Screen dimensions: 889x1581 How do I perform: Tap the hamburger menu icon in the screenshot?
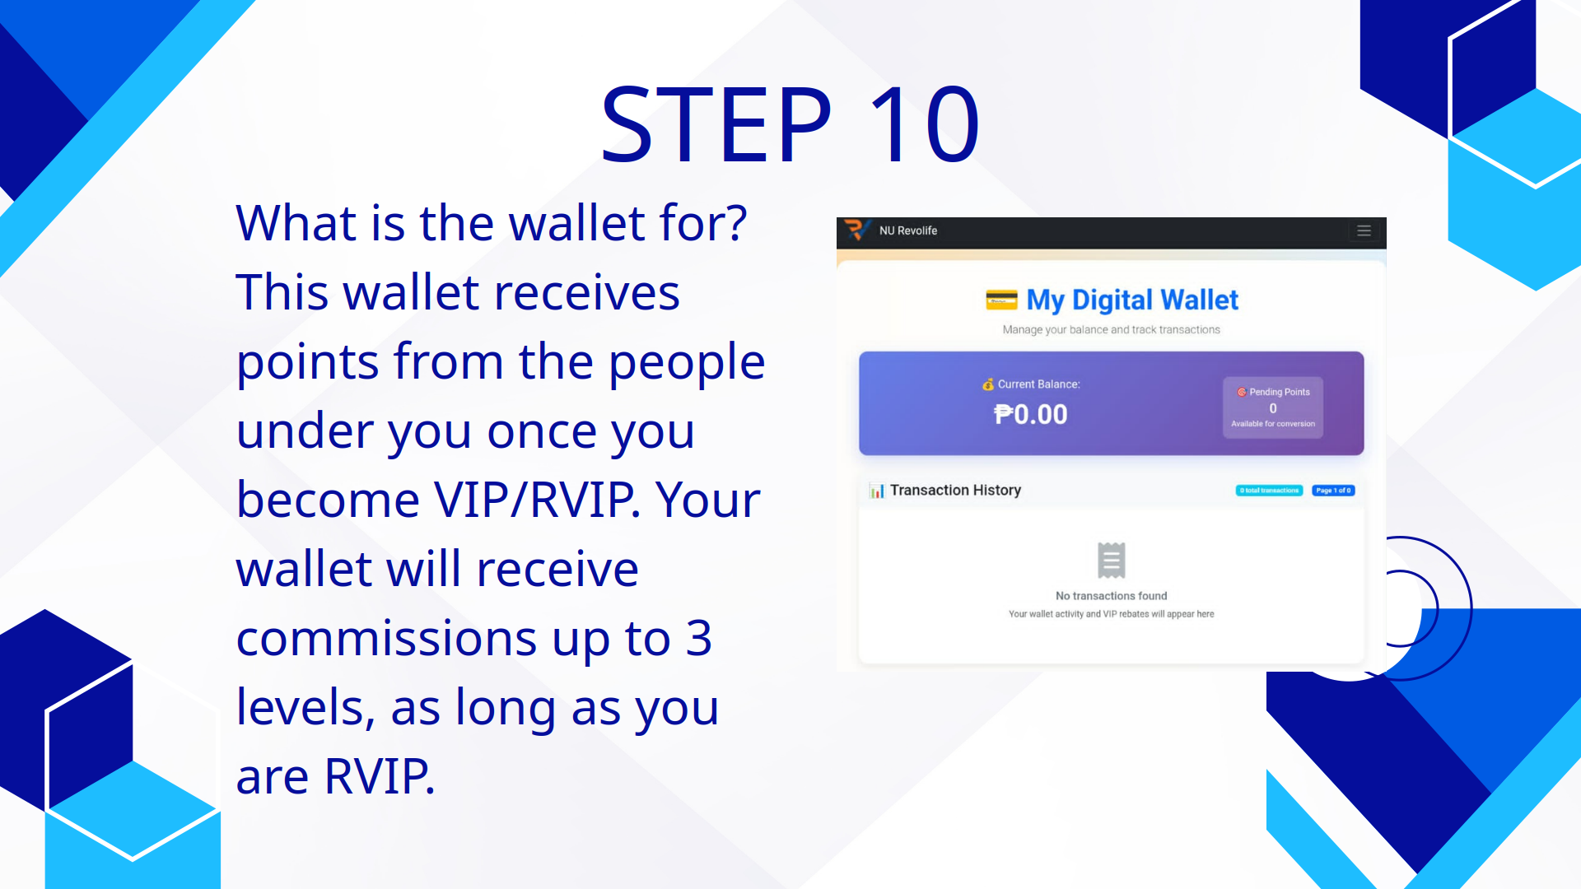click(x=1364, y=231)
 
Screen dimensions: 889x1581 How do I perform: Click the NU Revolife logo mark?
click(x=856, y=230)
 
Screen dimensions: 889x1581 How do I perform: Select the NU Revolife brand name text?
click(x=907, y=231)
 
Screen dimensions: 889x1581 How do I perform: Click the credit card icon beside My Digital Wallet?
click(x=1001, y=300)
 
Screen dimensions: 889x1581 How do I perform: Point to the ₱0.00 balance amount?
click(x=1030, y=414)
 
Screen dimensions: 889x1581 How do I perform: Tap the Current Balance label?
click(x=1038, y=384)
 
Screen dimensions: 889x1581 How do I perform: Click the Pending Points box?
click(x=1272, y=407)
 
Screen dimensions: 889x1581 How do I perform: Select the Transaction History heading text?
click(x=955, y=491)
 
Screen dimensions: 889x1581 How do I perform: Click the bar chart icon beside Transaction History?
click(x=877, y=491)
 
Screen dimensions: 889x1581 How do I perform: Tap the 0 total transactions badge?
click(x=1269, y=491)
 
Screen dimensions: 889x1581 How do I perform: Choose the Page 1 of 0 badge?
click(x=1333, y=491)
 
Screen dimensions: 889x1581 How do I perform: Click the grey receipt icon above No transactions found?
click(x=1111, y=561)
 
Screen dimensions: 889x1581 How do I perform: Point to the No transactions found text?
click(x=1111, y=596)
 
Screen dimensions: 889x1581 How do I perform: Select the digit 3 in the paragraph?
click(x=698, y=639)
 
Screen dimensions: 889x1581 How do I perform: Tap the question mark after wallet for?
click(x=735, y=223)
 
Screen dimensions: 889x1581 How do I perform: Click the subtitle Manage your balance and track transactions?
click(x=1111, y=330)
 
